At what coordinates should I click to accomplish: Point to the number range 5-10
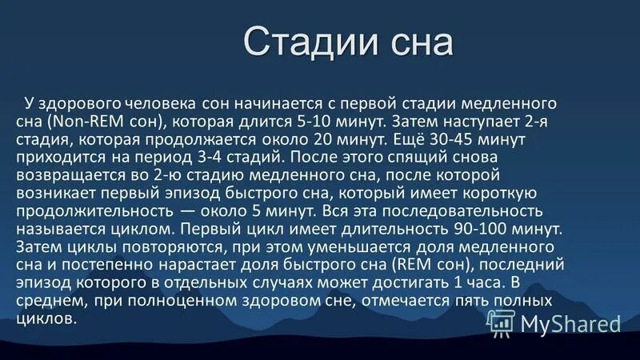point(295,122)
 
